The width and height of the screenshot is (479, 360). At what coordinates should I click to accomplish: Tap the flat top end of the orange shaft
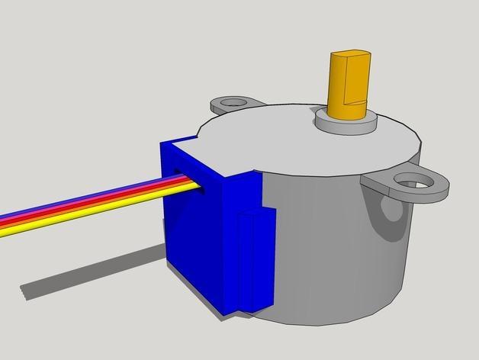[x=349, y=55]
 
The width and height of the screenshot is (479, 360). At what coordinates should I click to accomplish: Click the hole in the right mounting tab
[x=413, y=181]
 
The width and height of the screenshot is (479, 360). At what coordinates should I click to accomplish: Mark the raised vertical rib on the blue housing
[x=249, y=259]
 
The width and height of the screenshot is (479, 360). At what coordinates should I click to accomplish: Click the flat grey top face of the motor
[x=290, y=149]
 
